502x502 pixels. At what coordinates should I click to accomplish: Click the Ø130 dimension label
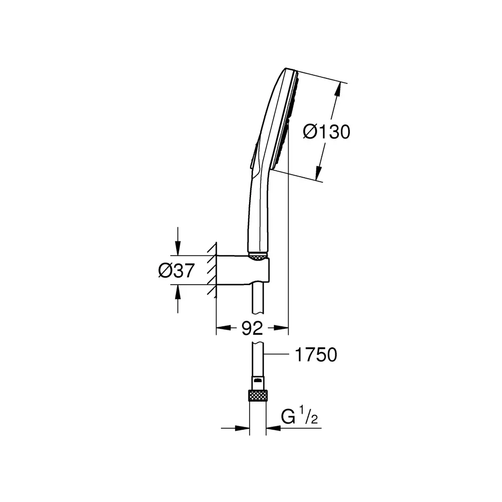(327, 132)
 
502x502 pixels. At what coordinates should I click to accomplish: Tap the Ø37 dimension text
(176, 271)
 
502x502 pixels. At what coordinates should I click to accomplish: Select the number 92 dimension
(252, 328)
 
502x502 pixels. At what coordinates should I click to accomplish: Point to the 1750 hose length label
(316, 355)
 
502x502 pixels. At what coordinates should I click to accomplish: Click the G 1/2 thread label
(299, 415)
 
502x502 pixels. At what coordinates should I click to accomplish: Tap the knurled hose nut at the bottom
(258, 396)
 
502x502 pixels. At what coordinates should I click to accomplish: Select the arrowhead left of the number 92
(223, 328)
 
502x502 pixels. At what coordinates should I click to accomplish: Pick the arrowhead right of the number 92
(281, 328)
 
